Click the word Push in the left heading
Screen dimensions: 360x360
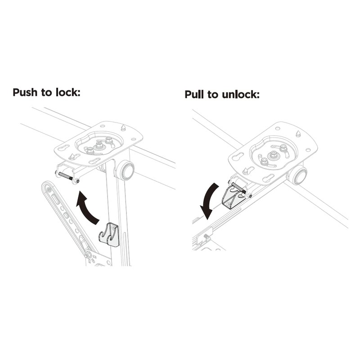point(26,93)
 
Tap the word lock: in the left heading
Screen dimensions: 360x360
point(68,93)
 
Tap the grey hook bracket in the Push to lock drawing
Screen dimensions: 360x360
point(109,234)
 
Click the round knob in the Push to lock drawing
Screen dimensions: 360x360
point(126,171)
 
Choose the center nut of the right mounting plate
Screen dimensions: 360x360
point(272,156)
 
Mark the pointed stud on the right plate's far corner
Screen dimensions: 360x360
point(298,134)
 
